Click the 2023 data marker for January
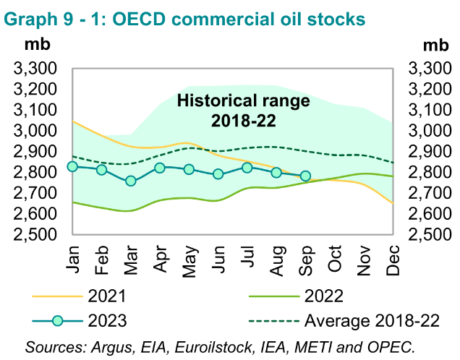click(x=72, y=166)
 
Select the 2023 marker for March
click(x=131, y=181)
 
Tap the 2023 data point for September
click(x=305, y=176)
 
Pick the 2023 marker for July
click(x=247, y=168)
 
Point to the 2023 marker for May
click(x=189, y=170)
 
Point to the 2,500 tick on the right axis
click(x=430, y=235)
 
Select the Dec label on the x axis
click(x=393, y=259)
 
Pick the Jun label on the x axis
click(x=218, y=259)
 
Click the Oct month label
click(x=335, y=259)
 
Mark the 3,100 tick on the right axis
click(x=430, y=111)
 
